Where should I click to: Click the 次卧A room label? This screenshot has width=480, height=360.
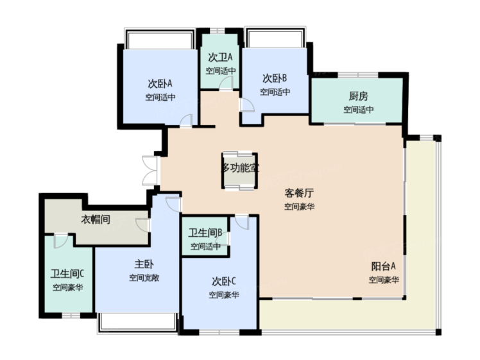160,83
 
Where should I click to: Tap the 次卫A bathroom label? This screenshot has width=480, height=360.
220,57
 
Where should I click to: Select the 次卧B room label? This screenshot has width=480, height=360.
275,78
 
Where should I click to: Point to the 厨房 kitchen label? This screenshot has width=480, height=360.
358,96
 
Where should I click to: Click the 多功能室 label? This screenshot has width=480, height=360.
240,167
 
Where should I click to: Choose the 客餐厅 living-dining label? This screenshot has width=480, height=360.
299,193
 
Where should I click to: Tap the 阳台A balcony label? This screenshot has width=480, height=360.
384,266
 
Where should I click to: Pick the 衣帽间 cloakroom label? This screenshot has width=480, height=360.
96,219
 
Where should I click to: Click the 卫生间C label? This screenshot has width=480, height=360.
67,273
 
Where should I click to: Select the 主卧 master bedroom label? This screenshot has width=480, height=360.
144,264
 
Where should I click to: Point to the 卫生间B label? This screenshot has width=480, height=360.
205,233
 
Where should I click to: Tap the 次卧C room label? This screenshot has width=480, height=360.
224,281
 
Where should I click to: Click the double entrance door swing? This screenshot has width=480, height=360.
150,170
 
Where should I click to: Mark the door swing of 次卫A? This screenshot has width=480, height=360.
227,83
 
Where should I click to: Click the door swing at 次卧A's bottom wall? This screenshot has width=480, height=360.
186,120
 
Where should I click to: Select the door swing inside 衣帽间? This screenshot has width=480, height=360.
143,225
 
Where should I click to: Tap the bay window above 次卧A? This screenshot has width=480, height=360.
160,39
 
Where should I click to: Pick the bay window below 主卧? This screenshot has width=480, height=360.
137,323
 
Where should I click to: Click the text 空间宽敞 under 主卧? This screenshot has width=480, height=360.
144,278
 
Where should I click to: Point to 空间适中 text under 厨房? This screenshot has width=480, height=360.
358,110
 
